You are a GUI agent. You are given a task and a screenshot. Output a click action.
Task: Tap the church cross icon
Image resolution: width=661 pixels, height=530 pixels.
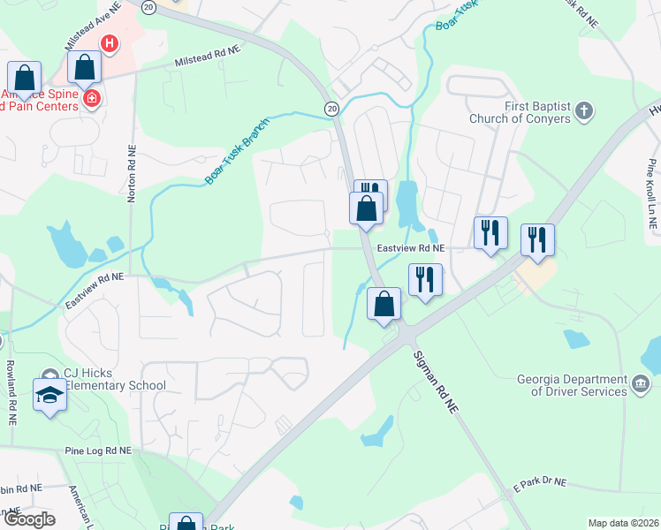click(x=582, y=111)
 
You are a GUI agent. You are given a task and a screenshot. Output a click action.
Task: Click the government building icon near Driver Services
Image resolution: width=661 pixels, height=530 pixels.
click(x=642, y=384)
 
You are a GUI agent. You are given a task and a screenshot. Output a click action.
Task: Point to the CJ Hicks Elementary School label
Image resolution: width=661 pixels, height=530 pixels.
click(x=115, y=379)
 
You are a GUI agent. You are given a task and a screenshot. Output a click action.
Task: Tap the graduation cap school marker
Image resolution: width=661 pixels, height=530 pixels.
click(x=49, y=395)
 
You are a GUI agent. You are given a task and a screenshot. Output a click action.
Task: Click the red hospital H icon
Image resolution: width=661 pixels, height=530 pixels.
click(x=110, y=42)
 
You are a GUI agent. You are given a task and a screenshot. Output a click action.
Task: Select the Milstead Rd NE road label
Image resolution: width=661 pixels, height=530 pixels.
click(x=208, y=57)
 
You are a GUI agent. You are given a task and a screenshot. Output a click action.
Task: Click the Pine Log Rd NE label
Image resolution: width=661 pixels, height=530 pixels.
click(x=97, y=450)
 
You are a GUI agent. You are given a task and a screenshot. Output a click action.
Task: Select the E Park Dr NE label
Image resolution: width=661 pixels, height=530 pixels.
click(x=539, y=483)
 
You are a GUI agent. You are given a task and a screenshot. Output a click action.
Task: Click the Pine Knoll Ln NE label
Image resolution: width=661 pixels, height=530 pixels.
click(x=652, y=194)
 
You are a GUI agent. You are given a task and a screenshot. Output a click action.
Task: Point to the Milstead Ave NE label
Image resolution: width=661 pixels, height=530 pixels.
click(x=93, y=29)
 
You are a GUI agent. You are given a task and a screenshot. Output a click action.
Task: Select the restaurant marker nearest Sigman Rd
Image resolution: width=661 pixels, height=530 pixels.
click(x=425, y=280)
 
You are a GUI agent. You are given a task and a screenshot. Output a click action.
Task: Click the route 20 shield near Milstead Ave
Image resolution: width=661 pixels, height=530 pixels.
click(x=148, y=6)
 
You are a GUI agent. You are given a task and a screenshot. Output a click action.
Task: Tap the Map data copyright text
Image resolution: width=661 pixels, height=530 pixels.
click(x=622, y=523)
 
